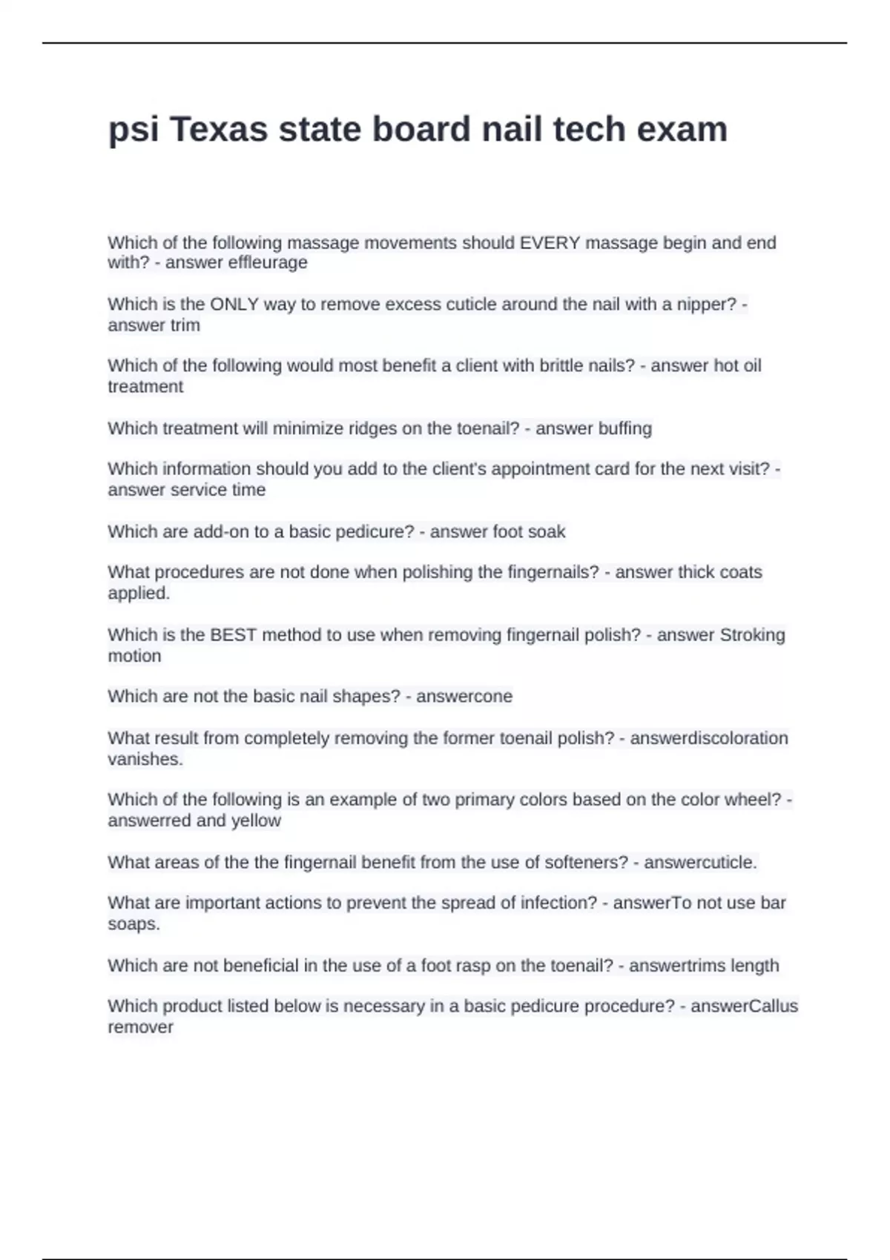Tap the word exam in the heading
pos(682,130)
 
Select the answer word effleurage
pos(268,262)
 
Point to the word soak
pos(548,531)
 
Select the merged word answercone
pos(464,696)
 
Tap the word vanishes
pos(145,759)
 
